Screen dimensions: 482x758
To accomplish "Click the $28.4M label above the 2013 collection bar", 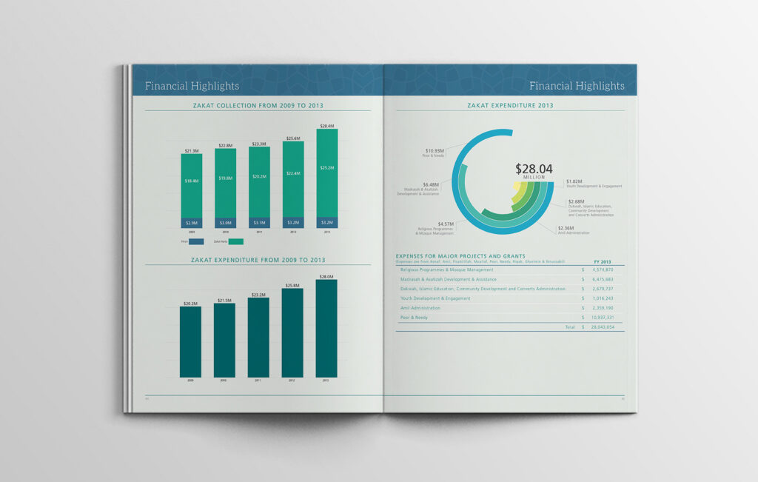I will pos(326,126).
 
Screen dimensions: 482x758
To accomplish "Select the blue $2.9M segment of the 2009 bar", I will pos(191,223).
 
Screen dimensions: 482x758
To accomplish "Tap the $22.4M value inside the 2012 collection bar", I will pos(292,173).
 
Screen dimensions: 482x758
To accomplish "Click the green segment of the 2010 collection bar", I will pos(225,182).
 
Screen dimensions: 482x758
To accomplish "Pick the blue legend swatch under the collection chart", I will pos(196,241).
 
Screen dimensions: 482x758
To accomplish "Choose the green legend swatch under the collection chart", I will pos(235,241).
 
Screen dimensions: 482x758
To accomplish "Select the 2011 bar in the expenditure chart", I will pos(258,337).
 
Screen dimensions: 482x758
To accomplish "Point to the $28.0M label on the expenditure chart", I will pos(326,276).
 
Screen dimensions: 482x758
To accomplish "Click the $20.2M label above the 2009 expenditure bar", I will pos(190,304).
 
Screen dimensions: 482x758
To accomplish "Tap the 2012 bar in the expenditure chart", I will pos(292,332).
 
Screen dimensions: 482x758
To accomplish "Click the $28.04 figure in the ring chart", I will pos(534,169).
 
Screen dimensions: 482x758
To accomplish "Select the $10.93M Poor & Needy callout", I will pos(434,151).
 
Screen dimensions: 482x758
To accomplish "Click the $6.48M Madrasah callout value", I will pos(431,184).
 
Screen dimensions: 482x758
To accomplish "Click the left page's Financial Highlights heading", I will pos(192,86).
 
